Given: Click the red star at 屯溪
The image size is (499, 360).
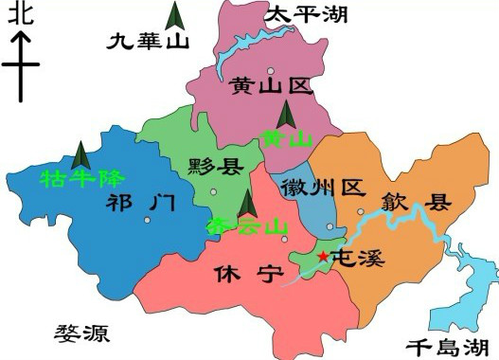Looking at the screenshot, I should click(323, 256).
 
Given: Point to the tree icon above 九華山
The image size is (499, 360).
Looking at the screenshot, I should click(175, 16).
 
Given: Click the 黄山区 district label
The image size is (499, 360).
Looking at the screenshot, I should click(270, 88).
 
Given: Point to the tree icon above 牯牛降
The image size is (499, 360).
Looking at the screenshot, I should click(81, 153).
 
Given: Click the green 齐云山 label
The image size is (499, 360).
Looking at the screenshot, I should click(246, 226).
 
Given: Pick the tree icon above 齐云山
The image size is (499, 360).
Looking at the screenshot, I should click(247, 202).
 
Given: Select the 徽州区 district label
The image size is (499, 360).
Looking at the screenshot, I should click(323, 188).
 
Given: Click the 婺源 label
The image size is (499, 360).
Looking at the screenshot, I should click(83, 333).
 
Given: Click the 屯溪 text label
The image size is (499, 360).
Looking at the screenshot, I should click(361, 257).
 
